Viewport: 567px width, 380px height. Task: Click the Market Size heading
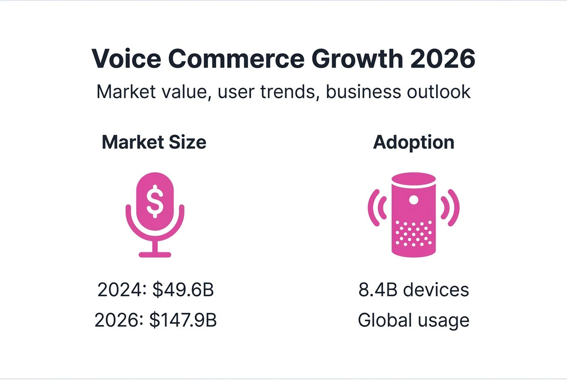tap(154, 142)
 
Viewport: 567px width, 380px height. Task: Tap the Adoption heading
tap(414, 142)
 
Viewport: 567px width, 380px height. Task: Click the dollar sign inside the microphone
tap(155, 201)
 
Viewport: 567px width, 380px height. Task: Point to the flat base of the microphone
tap(155, 255)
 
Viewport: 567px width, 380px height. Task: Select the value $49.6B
tap(183, 290)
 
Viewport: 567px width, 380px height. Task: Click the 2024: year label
tap(122, 290)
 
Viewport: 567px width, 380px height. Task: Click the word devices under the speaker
tap(436, 290)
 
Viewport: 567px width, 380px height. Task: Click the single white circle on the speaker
tap(414, 199)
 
